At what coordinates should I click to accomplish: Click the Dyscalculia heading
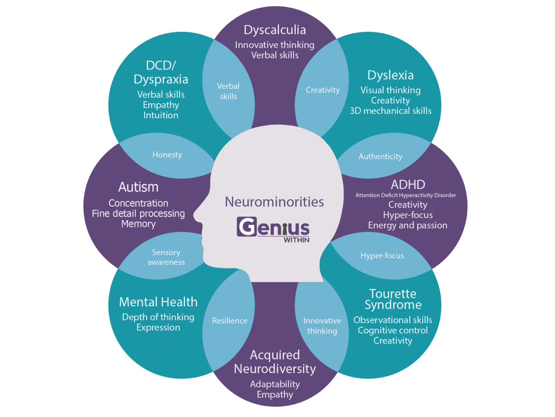coord(275,30)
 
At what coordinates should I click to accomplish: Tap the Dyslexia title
coord(390,75)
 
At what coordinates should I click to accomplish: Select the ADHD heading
coord(408,185)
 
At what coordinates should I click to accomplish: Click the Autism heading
coord(138,187)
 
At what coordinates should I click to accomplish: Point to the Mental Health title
coord(158,302)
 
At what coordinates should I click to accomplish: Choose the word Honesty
coord(167,155)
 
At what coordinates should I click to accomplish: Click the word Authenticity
coord(380,156)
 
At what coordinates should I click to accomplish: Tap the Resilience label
coord(229,321)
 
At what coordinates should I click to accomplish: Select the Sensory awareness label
coord(166,257)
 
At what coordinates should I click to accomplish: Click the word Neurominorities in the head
coord(274,202)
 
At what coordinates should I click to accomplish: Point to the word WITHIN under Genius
coord(296,240)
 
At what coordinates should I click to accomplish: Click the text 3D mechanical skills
coord(390,111)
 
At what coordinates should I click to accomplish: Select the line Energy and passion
coord(408,225)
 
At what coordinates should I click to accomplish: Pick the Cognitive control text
coord(392,330)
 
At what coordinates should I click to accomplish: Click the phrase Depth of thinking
coord(158,317)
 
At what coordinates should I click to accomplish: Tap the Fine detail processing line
coord(138,214)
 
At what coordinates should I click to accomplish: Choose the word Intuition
coord(161,115)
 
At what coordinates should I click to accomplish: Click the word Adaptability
coord(275,384)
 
